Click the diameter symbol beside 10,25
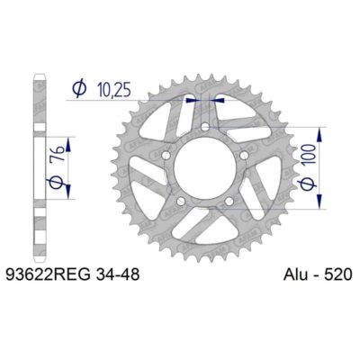click(x=78, y=89)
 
